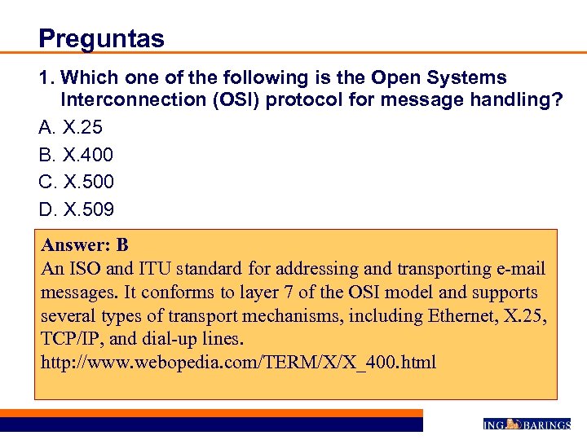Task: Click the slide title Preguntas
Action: [x=101, y=38]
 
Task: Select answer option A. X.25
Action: [x=71, y=127]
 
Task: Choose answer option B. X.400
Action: [x=76, y=154]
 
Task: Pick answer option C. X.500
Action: [x=77, y=182]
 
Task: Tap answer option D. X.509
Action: [x=77, y=209]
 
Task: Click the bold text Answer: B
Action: [x=86, y=245]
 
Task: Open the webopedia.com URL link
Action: [x=239, y=362]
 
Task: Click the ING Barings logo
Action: [x=526, y=424]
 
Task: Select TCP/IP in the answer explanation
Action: [x=71, y=339]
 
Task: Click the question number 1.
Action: [x=45, y=78]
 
